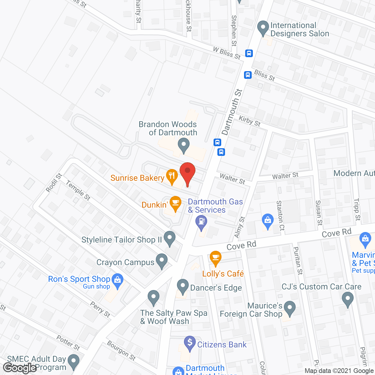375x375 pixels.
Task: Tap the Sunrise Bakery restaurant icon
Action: [x=172, y=176]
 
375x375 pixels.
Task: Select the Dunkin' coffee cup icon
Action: [x=175, y=203]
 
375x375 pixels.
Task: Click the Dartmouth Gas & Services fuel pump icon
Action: [x=201, y=221]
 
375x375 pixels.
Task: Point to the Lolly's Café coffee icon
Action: [x=215, y=258]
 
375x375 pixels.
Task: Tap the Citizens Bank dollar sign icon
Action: [x=190, y=343]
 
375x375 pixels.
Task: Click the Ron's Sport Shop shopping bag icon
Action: [x=117, y=280]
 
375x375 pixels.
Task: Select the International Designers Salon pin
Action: [x=263, y=28]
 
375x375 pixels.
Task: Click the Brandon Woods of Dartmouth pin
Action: [x=184, y=145]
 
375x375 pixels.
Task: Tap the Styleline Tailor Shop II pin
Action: [x=169, y=238]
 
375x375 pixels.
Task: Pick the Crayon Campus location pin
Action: [x=161, y=261]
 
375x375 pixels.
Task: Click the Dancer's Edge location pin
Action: [x=183, y=287]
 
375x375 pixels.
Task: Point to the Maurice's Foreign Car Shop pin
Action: [x=289, y=308]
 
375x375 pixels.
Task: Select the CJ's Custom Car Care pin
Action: [x=347, y=300]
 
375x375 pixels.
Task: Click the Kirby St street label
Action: [x=250, y=121]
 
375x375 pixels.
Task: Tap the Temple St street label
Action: [x=78, y=190]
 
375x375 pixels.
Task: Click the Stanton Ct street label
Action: [x=280, y=215]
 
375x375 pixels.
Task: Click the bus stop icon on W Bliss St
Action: [x=249, y=53]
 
